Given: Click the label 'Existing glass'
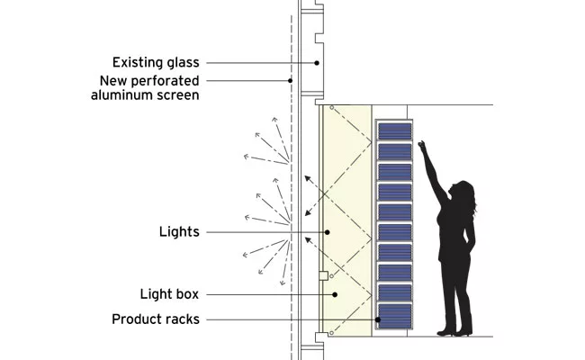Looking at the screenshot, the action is coord(156,62).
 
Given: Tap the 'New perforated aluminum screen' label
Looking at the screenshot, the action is coord(145,87).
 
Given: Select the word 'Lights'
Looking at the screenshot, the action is coord(179,231).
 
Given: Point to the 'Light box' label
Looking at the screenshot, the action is coord(169,294).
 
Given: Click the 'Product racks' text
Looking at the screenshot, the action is coord(156,319).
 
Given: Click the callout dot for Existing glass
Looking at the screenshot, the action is coord(317,63).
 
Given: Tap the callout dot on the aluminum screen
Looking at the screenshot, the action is coord(291,81).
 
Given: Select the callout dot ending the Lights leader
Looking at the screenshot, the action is coord(328,232).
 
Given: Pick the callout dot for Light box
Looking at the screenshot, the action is coord(335,294).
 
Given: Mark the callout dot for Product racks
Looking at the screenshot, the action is coord(378,319).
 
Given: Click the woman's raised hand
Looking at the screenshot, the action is coord(421,146).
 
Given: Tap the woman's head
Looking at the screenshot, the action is coord(463,192).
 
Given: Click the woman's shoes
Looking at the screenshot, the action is coord(455,331).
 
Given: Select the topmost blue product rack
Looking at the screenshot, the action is coord(395,130).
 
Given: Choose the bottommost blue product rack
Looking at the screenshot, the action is coord(395,316).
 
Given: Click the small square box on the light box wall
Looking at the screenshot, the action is coord(323,275).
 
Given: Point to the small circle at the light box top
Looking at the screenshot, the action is coord(332,108).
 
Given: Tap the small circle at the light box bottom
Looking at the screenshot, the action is coord(331,333).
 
